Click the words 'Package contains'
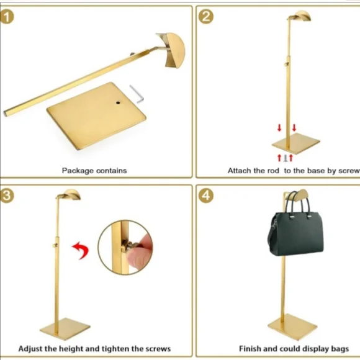(94, 170)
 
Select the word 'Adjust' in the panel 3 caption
(32, 349)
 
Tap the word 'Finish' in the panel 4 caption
(251, 349)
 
